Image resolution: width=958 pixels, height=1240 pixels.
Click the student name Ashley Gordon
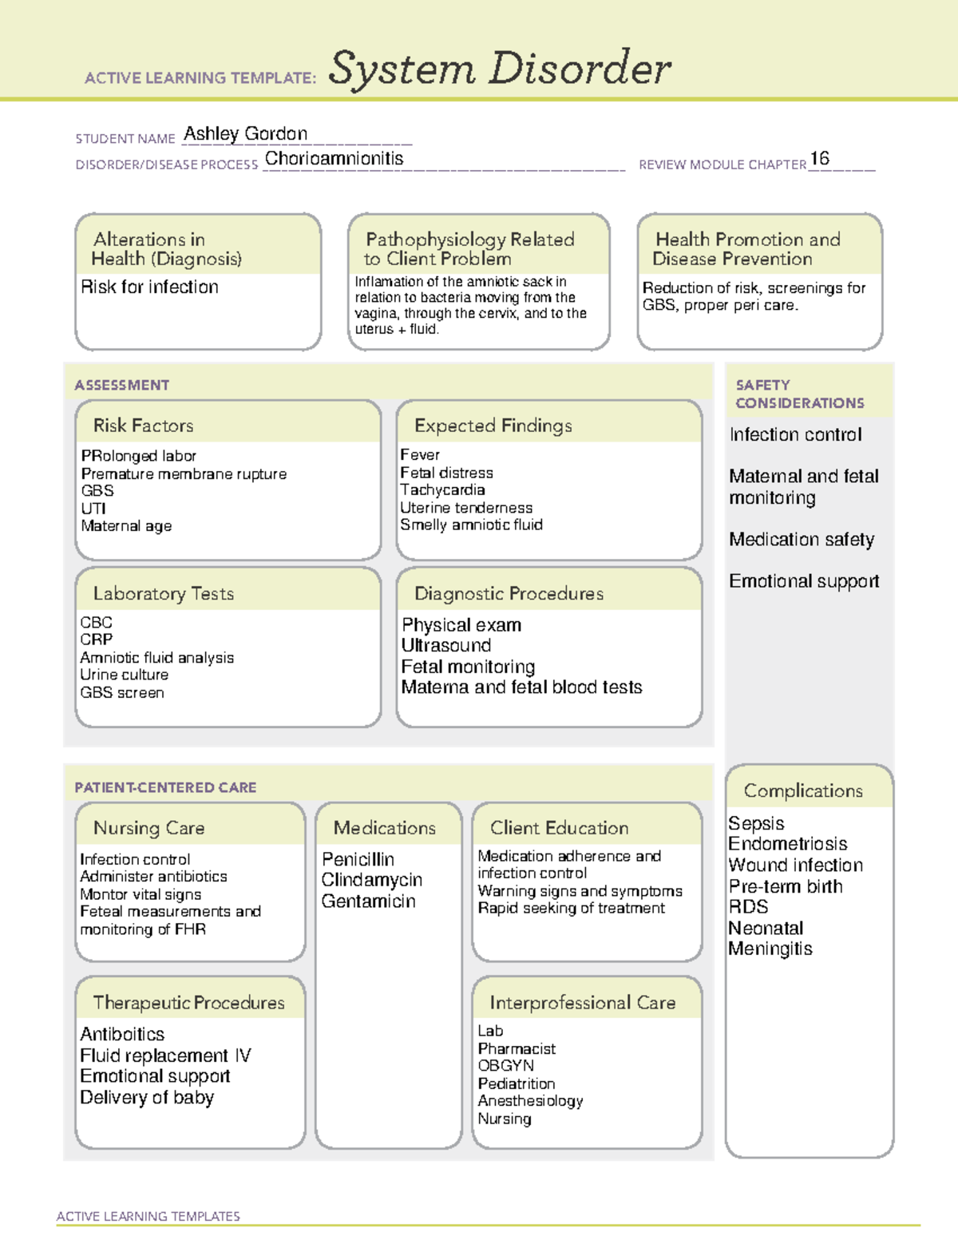[x=245, y=134]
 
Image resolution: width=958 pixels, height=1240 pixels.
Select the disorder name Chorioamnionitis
[x=334, y=159]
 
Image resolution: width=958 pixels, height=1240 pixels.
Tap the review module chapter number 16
[x=819, y=158]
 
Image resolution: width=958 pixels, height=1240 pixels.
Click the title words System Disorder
[x=500, y=69]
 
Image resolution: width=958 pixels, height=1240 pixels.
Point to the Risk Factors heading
[x=144, y=426]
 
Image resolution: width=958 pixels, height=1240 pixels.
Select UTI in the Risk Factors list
[x=93, y=509]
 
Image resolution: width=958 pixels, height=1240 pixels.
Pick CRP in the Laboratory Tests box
[x=96, y=640]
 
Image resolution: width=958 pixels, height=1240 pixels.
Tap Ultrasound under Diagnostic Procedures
[x=445, y=645]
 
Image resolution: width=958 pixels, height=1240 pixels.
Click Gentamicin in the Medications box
[x=368, y=901]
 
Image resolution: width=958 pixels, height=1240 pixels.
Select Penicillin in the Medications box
[x=358, y=859]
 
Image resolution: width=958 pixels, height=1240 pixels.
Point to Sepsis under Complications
[x=756, y=823]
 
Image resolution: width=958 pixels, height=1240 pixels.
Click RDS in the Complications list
[x=748, y=907]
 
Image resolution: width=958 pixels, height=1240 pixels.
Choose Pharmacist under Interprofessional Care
[x=517, y=1048]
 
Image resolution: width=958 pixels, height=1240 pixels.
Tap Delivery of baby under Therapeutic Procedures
[x=147, y=1098]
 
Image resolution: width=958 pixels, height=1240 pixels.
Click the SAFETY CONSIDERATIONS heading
[x=799, y=394]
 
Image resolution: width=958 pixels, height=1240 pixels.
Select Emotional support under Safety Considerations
[x=804, y=581]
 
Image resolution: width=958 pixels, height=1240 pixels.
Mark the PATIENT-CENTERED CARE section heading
[x=165, y=787]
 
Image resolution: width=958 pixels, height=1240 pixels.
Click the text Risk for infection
[x=149, y=287]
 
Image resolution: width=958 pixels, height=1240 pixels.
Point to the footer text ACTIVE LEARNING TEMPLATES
[x=148, y=1216]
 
